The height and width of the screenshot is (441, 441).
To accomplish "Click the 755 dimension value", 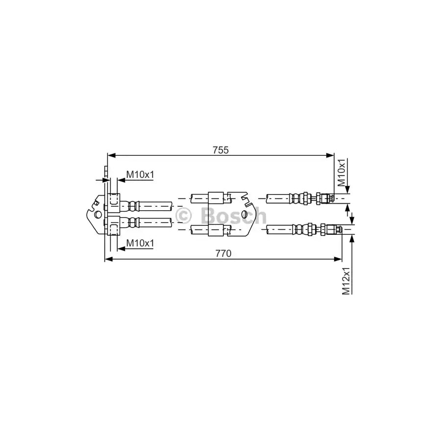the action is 220,150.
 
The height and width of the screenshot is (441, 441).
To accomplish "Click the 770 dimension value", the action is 223,253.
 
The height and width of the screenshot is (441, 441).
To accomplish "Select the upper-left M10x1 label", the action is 140,174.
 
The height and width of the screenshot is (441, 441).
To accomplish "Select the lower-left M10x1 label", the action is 140,243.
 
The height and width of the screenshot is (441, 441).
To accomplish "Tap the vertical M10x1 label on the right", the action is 341,172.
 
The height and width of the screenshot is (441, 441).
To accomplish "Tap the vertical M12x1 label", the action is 346,281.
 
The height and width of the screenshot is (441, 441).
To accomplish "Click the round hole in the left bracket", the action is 98,215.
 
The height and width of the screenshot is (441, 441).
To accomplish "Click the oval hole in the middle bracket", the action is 245,214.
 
